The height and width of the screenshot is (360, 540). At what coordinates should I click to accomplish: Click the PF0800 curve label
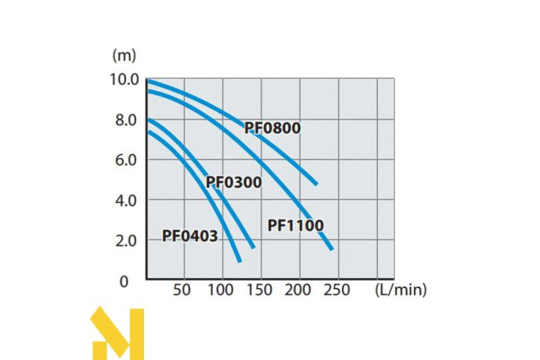click(x=272, y=128)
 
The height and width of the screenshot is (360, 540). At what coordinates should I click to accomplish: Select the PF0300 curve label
click(x=234, y=183)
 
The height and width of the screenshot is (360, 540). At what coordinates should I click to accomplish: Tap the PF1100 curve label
click(x=296, y=225)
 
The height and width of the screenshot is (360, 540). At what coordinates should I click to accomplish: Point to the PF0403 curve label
click(x=190, y=236)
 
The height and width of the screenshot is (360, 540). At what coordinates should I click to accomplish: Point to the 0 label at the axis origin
click(x=124, y=282)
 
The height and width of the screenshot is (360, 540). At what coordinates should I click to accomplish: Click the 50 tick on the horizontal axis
click(x=182, y=290)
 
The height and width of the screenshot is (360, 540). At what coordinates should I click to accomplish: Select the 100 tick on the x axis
click(x=220, y=290)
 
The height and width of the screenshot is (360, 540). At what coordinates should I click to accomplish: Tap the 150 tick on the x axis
click(x=259, y=290)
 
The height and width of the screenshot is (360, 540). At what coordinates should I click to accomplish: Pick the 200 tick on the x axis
click(x=297, y=290)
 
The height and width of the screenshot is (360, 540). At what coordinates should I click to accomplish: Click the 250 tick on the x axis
click(x=336, y=290)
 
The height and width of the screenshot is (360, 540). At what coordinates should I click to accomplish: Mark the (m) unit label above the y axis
click(x=124, y=56)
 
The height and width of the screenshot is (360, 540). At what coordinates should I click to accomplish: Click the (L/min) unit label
click(x=400, y=290)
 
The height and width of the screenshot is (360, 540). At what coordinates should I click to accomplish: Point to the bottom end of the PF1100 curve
click(x=331, y=248)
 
